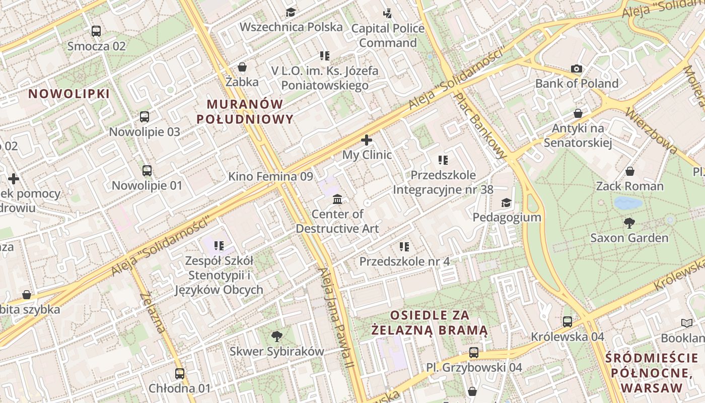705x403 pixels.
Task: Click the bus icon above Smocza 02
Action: (96, 31)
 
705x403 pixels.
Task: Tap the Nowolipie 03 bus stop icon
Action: (145, 117)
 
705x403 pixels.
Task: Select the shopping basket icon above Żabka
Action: (242, 67)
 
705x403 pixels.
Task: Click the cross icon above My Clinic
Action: (367, 140)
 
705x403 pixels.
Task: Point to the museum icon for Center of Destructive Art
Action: (337, 199)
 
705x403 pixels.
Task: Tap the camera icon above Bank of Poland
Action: (577, 69)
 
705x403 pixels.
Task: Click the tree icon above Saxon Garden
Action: (629, 223)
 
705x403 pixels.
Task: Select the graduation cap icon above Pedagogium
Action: (506, 203)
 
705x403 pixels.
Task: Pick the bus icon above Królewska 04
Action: (568, 321)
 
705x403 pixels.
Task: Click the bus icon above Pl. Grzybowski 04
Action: (474, 353)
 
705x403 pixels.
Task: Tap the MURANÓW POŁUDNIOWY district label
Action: (245, 111)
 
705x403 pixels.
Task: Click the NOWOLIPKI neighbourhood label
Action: (68, 94)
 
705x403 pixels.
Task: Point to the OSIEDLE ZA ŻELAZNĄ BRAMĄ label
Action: (430, 323)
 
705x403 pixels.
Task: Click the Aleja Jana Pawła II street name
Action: (336, 323)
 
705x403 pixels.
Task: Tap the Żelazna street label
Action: (153, 312)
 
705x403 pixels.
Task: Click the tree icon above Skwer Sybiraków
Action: (276, 336)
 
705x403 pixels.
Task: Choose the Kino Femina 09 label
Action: (270, 176)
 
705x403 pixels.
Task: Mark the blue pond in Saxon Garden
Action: (628, 203)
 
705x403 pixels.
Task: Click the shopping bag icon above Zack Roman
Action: (629, 171)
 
